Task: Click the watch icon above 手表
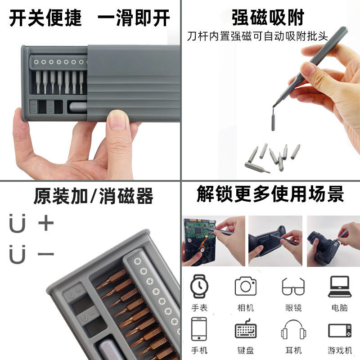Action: click(199, 286)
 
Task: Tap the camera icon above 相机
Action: click(245, 286)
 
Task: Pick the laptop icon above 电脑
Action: click(340, 287)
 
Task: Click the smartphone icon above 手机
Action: click(199, 329)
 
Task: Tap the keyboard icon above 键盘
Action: click(246, 328)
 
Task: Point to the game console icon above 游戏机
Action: click(340, 330)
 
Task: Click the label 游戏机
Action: click(340, 351)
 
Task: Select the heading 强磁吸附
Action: click(268, 18)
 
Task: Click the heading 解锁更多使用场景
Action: click(270, 194)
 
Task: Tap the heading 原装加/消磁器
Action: click(93, 196)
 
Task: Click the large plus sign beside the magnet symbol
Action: click(46, 222)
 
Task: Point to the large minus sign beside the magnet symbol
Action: click(46, 254)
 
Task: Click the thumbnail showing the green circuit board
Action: click(213, 241)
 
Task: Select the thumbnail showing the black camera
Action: click(333, 241)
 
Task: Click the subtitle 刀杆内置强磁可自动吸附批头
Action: click(257, 36)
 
